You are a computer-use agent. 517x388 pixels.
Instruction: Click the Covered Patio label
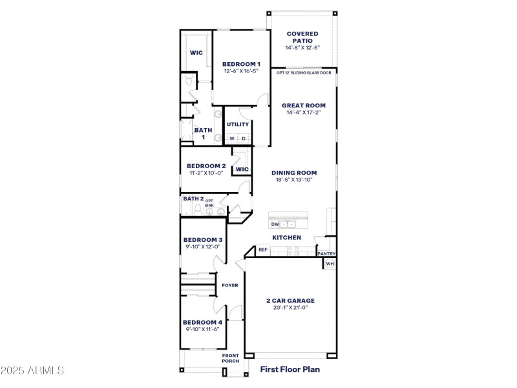tap(303, 37)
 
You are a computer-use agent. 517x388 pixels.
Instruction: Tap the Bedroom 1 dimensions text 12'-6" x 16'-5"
tap(241, 71)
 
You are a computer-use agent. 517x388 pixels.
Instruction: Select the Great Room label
tap(303, 105)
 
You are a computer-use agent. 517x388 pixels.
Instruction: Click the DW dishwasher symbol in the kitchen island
tap(275, 224)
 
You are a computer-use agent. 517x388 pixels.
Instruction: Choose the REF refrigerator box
tap(263, 250)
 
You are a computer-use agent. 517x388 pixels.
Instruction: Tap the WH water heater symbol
tap(330, 264)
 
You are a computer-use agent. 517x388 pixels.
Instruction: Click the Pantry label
tap(326, 254)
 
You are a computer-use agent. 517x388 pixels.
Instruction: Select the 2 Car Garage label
tap(290, 301)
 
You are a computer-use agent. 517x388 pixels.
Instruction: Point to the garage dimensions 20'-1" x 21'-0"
tap(290, 308)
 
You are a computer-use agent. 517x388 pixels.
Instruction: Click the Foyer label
tap(230, 285)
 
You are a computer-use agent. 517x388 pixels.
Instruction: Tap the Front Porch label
tap(231, 358)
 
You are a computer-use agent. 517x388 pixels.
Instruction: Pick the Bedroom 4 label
tap(202, 322)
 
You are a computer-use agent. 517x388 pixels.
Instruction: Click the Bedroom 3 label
tap(202, 239)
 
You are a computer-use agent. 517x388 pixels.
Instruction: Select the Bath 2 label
tap(193, 199)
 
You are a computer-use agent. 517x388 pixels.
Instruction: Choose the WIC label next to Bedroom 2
tap(242, 169)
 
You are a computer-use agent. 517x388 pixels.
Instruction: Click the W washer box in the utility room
tap(231, 138)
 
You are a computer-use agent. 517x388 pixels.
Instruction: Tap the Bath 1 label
tap(203, 133)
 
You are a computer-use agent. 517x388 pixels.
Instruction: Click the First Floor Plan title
tap(290, 370)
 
